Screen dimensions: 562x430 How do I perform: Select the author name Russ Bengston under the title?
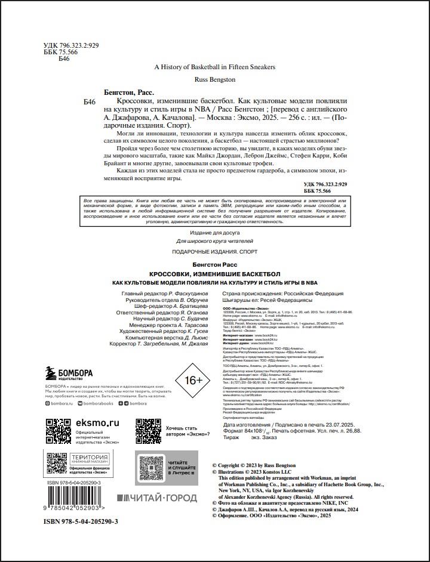214,79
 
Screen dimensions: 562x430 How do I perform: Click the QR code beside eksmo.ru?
59,431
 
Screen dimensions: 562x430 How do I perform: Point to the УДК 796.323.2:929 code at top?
72,45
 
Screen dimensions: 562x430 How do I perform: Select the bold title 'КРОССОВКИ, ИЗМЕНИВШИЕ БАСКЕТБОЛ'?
214,273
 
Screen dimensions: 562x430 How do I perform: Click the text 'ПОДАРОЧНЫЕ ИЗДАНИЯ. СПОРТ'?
214,252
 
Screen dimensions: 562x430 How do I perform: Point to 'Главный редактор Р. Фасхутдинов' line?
164,294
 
